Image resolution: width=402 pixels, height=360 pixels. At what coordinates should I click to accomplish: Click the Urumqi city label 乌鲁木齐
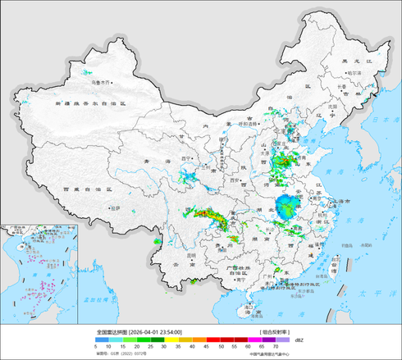point(99,82)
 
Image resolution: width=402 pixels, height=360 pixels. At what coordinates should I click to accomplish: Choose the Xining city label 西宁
point(185,157)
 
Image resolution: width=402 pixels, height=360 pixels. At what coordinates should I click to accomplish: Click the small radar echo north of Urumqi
point(86,73)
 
